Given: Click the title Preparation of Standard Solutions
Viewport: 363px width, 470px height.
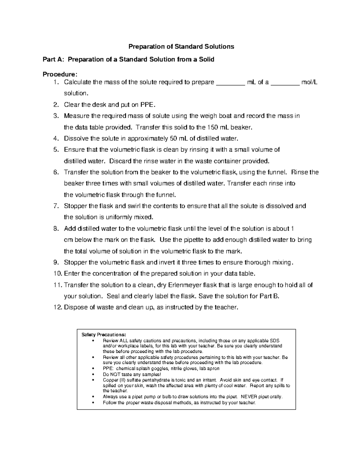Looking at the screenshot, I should pyautogui.click(x=181, y=47).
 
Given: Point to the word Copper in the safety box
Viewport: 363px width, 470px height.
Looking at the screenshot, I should pyautogui.click(x=110, y=380).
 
